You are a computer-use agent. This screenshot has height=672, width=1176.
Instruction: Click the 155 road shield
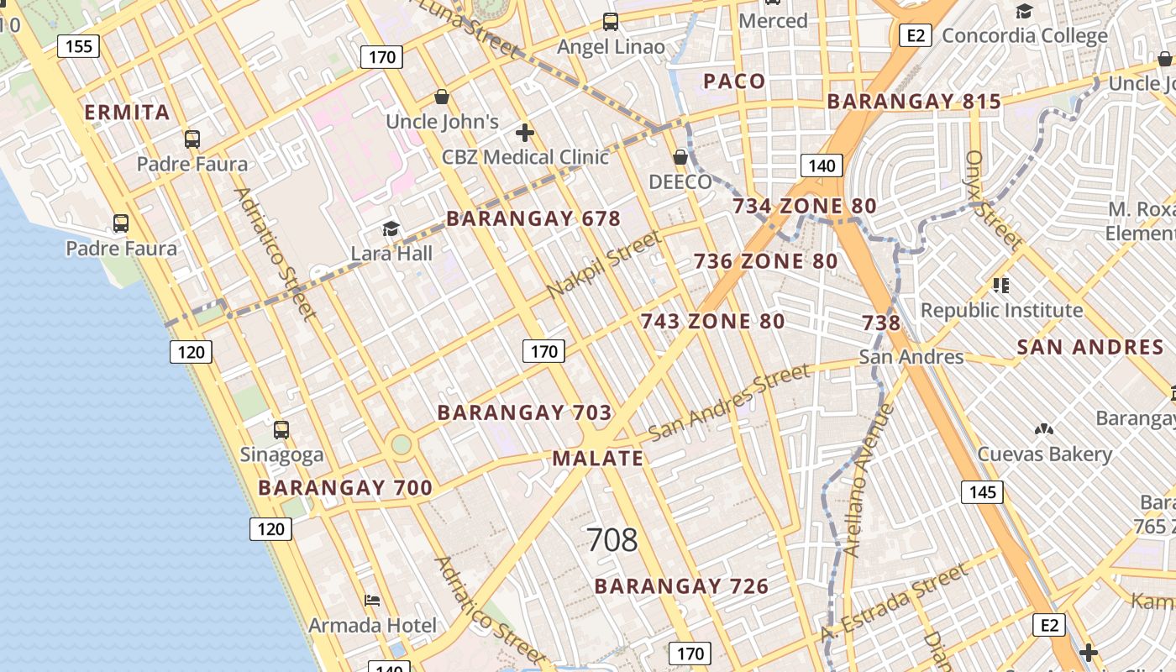(x=78, y=45)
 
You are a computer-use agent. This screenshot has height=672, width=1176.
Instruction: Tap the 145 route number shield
(x=982, y=491)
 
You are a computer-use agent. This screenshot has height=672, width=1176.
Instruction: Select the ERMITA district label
(x=127, y=113)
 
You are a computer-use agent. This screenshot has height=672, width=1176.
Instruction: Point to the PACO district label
(x=734, y=81)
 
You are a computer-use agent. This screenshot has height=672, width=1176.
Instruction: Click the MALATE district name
(x=597, y=459)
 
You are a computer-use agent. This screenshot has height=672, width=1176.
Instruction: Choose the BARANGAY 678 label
(x=533, y=219)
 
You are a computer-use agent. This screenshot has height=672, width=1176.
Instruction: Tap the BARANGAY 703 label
(x=524, y=412)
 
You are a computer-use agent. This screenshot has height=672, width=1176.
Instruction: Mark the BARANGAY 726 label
(x=681, y=586)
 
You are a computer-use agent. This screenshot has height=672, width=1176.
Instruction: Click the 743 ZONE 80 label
(x=712, y=321)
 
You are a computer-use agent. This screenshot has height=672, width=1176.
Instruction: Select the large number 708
(x=612, y=540)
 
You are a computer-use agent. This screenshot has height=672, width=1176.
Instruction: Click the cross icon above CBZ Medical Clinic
(x=525, y=133)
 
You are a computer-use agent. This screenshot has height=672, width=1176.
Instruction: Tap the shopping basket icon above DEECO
(x=680, y=157)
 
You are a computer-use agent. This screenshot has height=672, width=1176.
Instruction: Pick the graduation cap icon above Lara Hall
(x=391, y=228)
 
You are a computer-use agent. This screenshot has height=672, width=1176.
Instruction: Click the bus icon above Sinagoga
(x=281, y=430)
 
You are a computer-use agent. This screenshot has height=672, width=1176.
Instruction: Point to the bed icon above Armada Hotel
(x=372, y=600)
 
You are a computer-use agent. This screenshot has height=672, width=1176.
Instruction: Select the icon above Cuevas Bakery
(x=1044, y=429)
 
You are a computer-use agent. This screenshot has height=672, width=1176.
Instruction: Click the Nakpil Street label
(x=603, y=265)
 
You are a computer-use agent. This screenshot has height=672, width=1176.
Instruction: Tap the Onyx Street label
(x=993, y=200)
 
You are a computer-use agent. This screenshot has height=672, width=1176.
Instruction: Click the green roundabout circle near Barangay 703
(x=402, y=444)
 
